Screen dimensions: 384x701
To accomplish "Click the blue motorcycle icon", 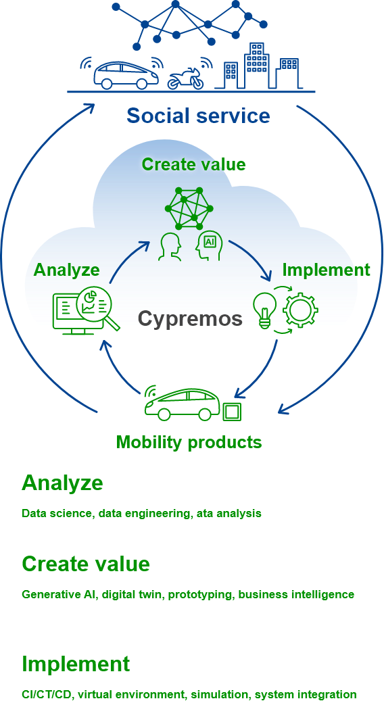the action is tap(185, 79).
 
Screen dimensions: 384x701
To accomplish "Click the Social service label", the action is tap(199, 116).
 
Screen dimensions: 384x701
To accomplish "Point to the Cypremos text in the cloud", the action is tap(190, 318).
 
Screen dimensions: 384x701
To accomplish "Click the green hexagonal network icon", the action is tap(189, 208).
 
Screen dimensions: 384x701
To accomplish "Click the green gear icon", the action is tap(301, 309).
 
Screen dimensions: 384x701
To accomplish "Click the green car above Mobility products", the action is tap(183, 402).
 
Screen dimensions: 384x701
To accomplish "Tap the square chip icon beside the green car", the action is tap(232, 411).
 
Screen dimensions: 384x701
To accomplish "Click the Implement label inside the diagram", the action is tap(326, 270).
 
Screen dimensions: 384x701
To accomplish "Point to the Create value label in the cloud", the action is tap(193, 164).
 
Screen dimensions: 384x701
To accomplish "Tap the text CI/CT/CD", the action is tap(45, 694).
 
